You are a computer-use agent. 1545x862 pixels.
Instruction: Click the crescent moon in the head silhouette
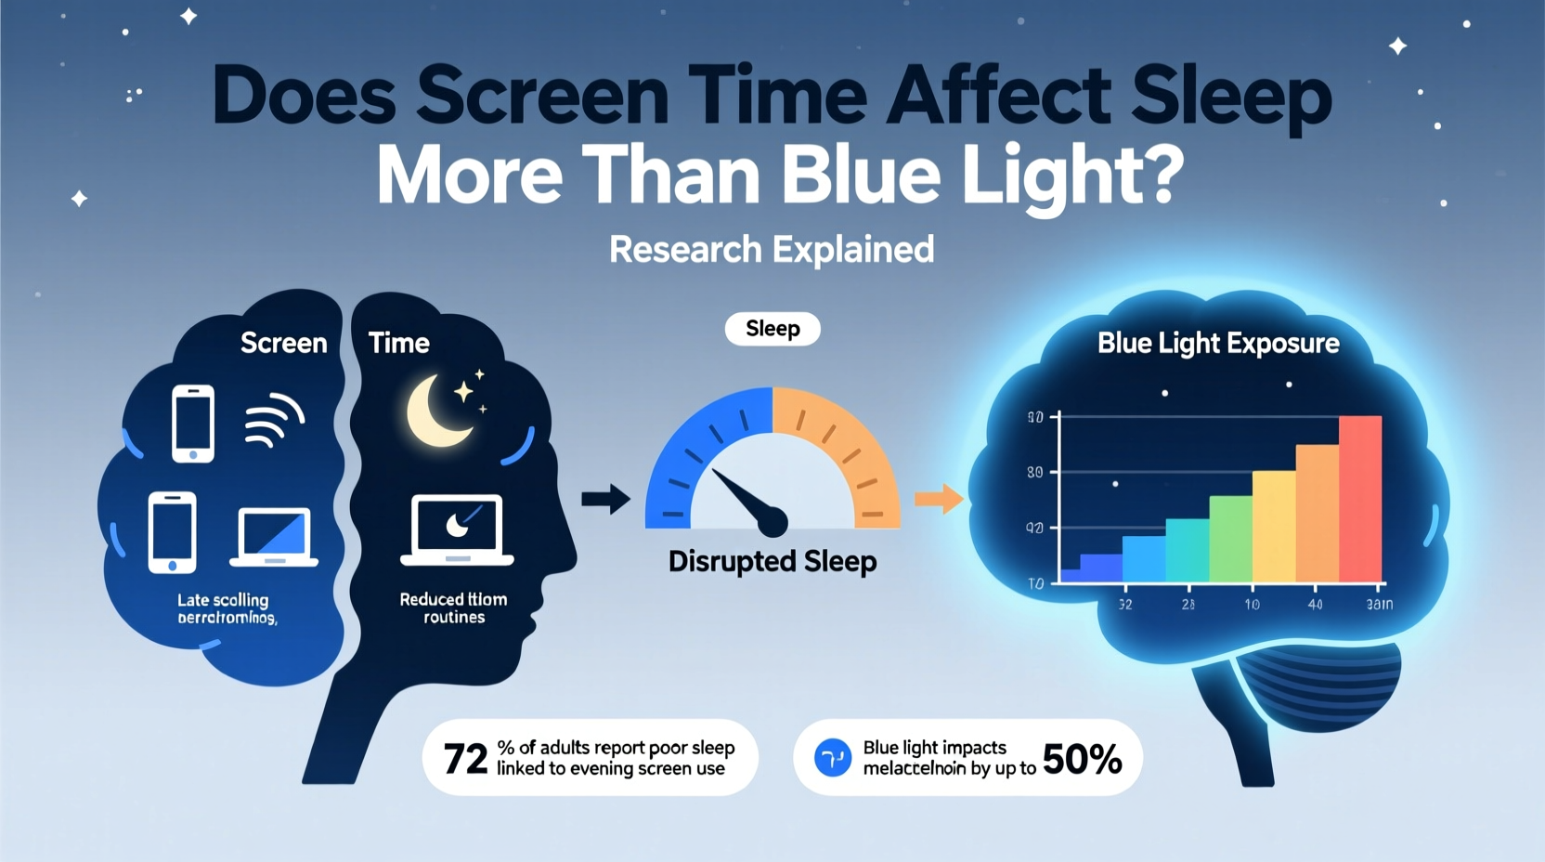(x=435, y=411)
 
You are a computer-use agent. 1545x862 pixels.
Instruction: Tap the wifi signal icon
(x=273, y=421)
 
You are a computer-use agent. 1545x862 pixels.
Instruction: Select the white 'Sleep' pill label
(x=772, y=329)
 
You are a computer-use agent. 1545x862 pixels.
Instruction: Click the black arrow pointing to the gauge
(x=605, y=499)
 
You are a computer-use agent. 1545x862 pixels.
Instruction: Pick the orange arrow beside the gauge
(x=939, y=499)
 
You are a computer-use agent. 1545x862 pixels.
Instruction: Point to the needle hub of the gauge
(x=772, y=522)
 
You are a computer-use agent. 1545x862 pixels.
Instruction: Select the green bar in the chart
(x=1230, y=539)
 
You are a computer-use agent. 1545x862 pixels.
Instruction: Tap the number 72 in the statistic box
(x=465, y=759)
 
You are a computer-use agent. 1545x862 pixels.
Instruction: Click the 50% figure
(x=1082, y=759)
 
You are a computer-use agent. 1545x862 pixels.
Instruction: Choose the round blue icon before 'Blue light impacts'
(x=833, y=758)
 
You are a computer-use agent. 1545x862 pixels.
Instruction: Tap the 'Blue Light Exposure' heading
(x=1218, y=344)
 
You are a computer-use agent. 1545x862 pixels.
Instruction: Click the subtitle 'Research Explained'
(x=772, y=249)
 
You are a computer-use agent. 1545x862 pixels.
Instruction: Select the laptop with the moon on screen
(x=457, y=530)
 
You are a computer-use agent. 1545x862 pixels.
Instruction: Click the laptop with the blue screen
(x=274, y=537)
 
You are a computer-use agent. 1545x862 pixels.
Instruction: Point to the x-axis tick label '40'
(x=1315, y=605)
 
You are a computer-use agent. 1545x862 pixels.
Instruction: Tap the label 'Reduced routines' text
(x=454, y=608)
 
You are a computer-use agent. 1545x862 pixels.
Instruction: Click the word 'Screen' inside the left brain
(x=283, y=343)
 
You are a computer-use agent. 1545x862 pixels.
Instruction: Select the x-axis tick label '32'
(x=1125, y=605)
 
